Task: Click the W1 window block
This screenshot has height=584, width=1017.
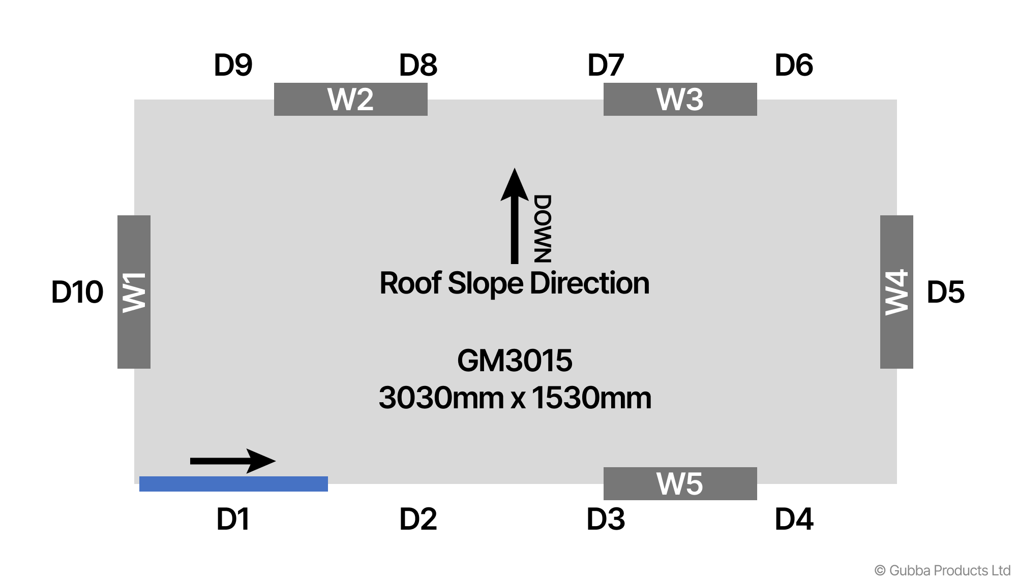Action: pos(134,291)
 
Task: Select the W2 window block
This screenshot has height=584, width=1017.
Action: pos(350,99)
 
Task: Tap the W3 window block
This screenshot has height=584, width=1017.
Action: pos(680,99)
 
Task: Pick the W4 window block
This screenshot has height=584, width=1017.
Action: pos(896,291)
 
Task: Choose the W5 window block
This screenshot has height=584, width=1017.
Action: pos(680,483)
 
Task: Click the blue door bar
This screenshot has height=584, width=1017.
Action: pos(233,483)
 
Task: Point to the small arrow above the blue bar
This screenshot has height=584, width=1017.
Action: pos(233,461)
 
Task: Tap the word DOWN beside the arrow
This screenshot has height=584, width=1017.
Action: pos(542,229)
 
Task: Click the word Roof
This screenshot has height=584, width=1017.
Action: pos(410,283)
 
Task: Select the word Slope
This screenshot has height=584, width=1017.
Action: pos(485,283)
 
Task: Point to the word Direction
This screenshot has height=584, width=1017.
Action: pos(589,283)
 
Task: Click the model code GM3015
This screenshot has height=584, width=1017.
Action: pos(515,361)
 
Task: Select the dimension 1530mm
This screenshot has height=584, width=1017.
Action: pos(591,398)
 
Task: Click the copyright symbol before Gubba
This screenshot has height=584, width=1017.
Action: pos(880,571)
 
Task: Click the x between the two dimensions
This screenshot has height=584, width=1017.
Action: pos(518,399)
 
